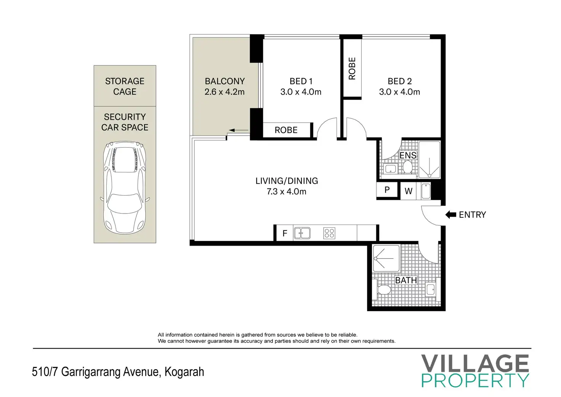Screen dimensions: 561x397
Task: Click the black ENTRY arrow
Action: (x=451, y=215)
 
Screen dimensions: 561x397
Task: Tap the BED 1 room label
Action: (x=301, y=81)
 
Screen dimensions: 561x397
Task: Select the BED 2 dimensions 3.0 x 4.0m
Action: (x=399, y=92)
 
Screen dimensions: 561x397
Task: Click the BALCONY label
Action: (x=224, y=81)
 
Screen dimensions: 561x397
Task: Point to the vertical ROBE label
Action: (x=352, y=68)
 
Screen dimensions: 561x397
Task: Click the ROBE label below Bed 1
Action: (x=286, y=130)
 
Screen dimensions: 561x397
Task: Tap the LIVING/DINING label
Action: (x=287, y=181)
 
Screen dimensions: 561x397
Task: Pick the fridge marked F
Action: (x=285, y=233)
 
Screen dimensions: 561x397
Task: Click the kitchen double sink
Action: (x=302, y=233)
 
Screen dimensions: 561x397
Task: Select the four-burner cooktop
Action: (x=329, y=233)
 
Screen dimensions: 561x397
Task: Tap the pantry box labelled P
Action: (x=387, y=190)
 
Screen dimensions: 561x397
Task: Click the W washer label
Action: (x=409, y=191)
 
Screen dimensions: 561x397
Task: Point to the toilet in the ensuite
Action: (x=407, y=167)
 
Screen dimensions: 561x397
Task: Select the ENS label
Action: (x=408, y=155)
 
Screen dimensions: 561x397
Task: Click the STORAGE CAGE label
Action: (x=125, y=87)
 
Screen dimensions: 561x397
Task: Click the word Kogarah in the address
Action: (x=184, y=372)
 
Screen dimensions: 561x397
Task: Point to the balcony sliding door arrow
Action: (x=239, y=130)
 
